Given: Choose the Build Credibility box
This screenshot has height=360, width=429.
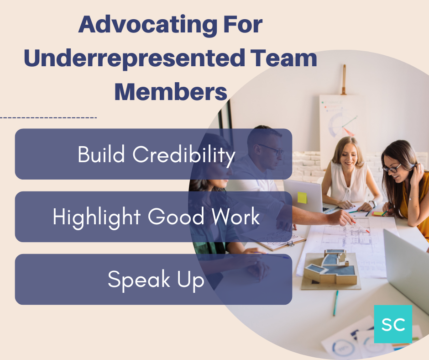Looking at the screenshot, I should pos(153,154).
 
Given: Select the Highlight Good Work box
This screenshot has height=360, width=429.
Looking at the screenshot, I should pos(153,217).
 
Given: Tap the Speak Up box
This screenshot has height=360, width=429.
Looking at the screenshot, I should pos(153,279).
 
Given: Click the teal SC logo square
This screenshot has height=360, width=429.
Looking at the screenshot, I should pos(393,324).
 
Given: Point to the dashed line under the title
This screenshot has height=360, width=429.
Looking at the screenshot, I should pos(48,118).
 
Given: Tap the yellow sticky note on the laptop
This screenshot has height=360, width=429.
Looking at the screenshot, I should pos(302,197).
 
